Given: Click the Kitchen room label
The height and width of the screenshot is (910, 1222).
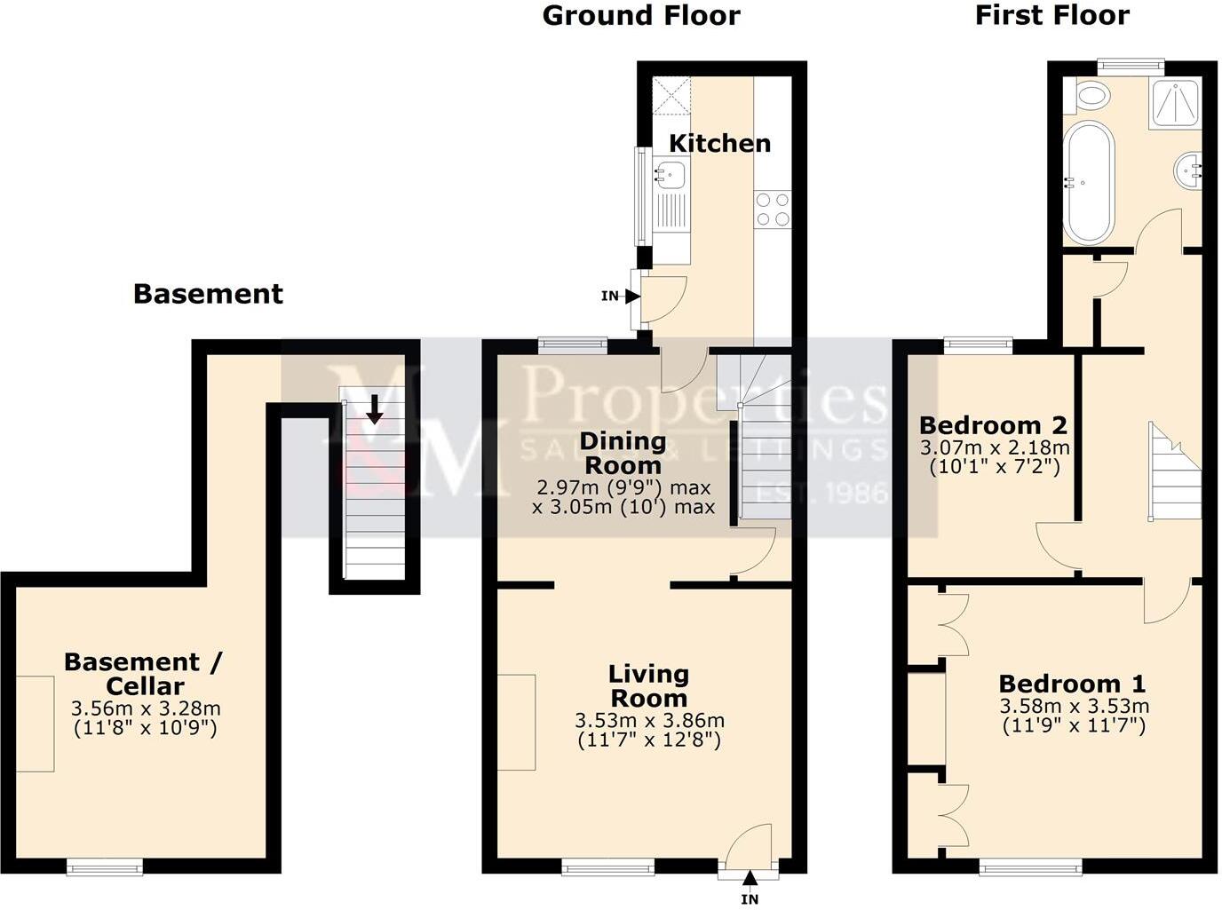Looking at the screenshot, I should [719, 143].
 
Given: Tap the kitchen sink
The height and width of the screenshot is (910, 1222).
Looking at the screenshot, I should [669, 174].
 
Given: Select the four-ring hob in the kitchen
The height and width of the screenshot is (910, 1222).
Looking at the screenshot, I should [772, 210].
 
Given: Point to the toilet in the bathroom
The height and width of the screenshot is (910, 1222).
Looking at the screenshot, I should [1088, 95].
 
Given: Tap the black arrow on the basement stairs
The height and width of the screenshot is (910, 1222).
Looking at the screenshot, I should [375, 408].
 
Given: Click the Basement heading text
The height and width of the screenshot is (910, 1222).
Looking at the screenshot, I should [208, 294].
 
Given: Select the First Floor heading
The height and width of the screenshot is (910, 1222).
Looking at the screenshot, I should [1051, 15].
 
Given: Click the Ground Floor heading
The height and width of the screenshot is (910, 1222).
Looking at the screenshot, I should [640, 15].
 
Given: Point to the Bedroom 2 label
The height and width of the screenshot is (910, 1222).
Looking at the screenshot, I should [993, 425].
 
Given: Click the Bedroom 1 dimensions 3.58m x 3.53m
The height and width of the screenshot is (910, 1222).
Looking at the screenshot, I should [1074, 707].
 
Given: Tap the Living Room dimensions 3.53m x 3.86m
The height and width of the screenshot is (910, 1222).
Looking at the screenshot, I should [649, 720].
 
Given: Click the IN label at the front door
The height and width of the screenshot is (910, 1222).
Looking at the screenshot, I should [750, 898].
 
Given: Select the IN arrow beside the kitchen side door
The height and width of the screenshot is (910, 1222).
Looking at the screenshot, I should [631, 297].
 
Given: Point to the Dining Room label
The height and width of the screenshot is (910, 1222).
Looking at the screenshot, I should [623, 453].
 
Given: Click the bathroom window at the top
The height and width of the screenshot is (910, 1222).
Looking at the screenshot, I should [1130, 64].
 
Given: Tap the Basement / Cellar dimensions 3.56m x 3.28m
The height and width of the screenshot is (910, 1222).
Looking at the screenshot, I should [145, 708].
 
